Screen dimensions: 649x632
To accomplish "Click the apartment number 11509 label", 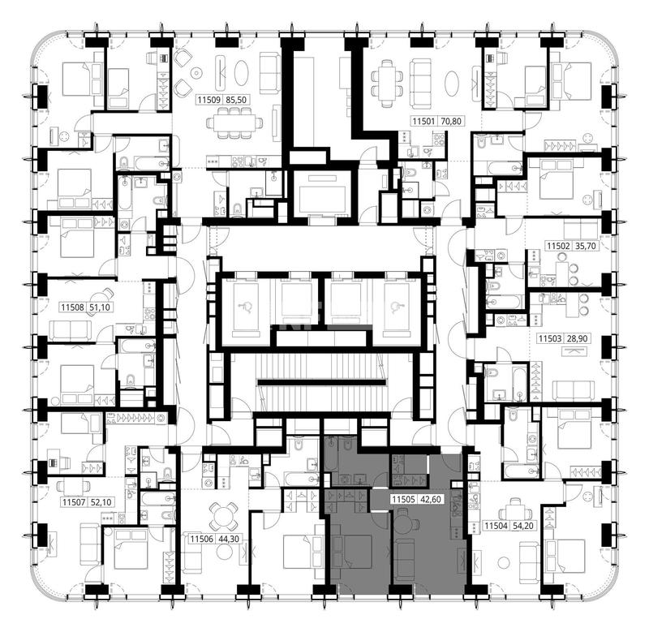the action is tap(210, 100).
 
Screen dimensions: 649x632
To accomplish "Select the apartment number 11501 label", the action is tap(423, 121).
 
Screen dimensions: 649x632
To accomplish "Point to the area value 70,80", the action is tap(451, 121).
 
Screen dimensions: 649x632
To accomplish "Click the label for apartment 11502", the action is tap(559, 246).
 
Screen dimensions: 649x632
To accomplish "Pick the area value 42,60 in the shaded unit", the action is tap(431, 500).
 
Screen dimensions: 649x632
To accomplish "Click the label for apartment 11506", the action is tap(201, 540).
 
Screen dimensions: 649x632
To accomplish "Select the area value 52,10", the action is tap(101, 502).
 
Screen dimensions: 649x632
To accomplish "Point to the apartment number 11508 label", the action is tap(73, 307).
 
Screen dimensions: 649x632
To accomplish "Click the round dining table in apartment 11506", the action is tap(223, 514).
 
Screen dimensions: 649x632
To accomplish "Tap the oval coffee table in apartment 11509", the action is tap(241, 74).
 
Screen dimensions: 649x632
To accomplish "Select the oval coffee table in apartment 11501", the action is tap(453, 84).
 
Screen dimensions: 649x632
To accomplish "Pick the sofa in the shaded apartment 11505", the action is tap(401, 559).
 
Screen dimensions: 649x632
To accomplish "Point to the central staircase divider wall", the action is tap(322, 381).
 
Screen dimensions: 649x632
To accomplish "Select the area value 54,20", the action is tap(523, 526).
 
